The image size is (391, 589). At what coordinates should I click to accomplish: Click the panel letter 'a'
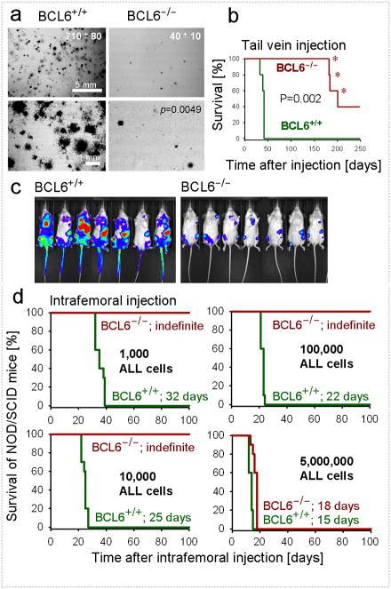coord(11,11)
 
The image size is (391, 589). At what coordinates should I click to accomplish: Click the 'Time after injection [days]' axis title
coord(293,160)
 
